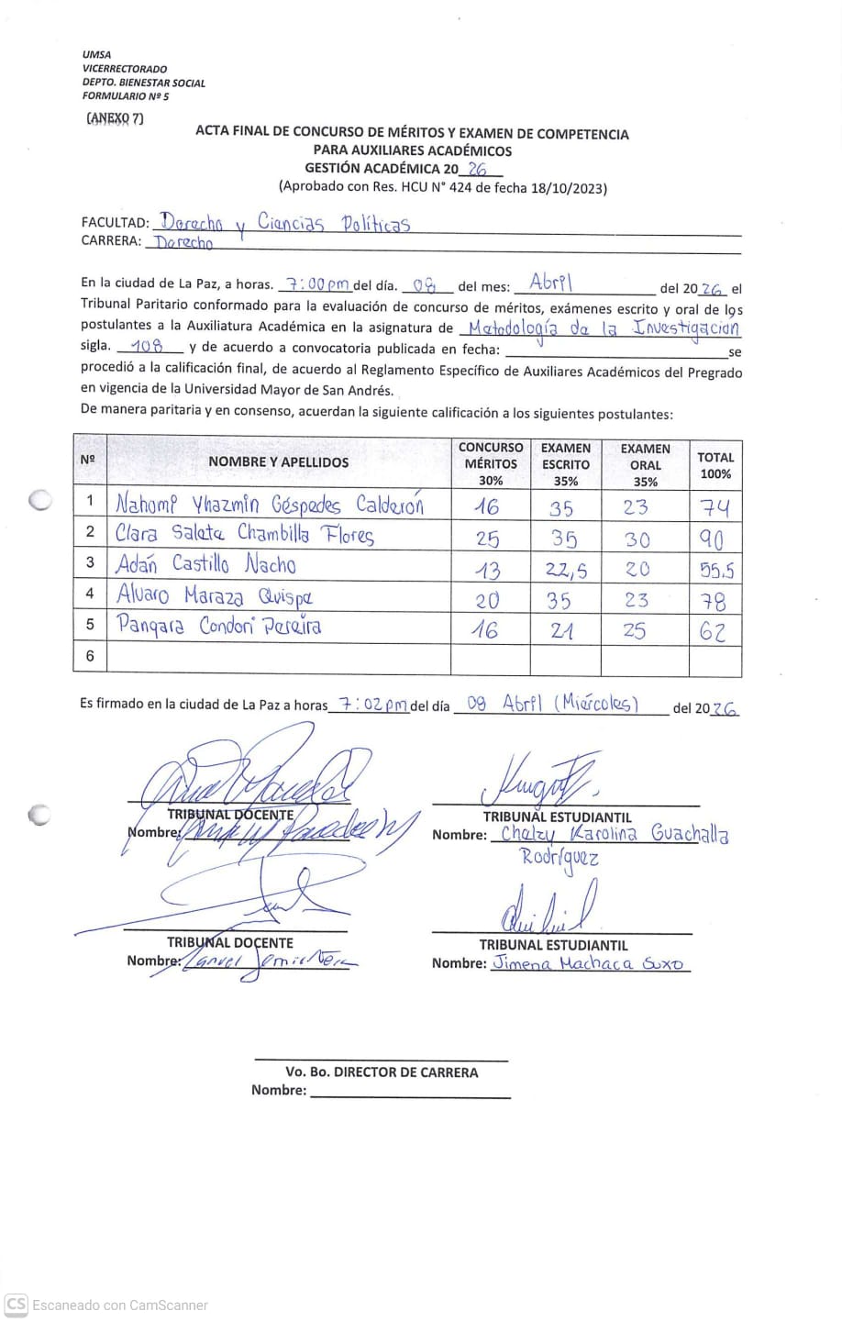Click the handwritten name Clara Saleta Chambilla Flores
point(245,534)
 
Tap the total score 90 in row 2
point(714,539)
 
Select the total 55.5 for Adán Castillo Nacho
point(715,570)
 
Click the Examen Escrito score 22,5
point(564,570)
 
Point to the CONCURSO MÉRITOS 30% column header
point(491,463)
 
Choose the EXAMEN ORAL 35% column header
point(645,464)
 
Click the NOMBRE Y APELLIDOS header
point(278,462)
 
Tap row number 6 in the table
point(90,656)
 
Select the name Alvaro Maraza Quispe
point(215,595)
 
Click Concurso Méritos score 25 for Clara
point(488,539)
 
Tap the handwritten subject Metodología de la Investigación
point(600,328)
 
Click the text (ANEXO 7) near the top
point(115,117)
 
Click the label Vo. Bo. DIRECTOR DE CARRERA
point(381,1072)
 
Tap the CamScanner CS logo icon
point(16,1304)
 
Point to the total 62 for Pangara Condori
point(713,631)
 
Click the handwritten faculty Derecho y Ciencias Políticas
point(284,222)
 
